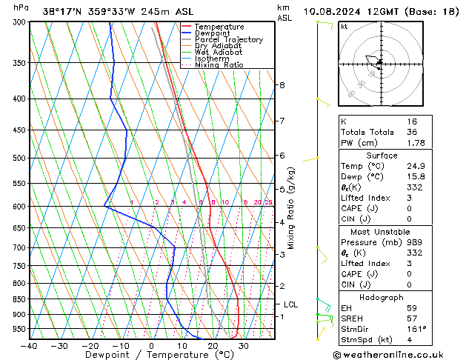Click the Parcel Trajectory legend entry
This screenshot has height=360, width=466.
coord(228,40)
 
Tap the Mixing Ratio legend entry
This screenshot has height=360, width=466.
coord(219,65)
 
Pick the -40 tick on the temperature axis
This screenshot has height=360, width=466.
coord(30,345)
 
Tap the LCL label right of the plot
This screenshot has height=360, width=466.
coord(291,304)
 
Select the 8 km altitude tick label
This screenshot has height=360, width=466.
coord(282,85)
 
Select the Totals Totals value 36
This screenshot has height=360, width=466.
coord(412,132)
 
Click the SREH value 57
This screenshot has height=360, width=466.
coord(412,318)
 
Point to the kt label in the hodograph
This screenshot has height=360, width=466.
coord(344,26)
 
